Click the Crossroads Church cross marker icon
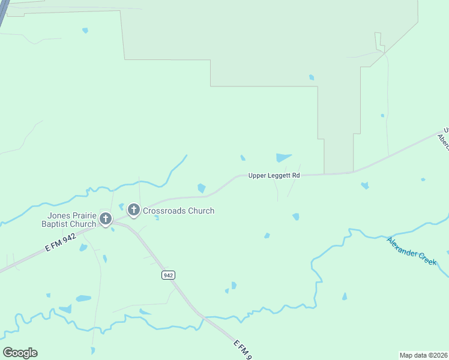(x=133, y=210)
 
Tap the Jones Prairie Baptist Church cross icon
(x=106, y=218)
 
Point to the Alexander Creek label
(x=411, y=251)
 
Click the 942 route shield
(x=169, y=275)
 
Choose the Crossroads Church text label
(x=178, y=211)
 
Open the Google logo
(x=20, y=353)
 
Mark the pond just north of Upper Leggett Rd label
(x=283, y=158)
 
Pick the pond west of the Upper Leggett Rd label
(x=202, y=188)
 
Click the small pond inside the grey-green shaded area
(x=311, y=77)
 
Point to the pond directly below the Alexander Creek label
(x=345, y=296)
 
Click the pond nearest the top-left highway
(x=85, y=30)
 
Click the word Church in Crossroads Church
(x=200, y=211)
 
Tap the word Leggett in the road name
(x=279, y=175)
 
